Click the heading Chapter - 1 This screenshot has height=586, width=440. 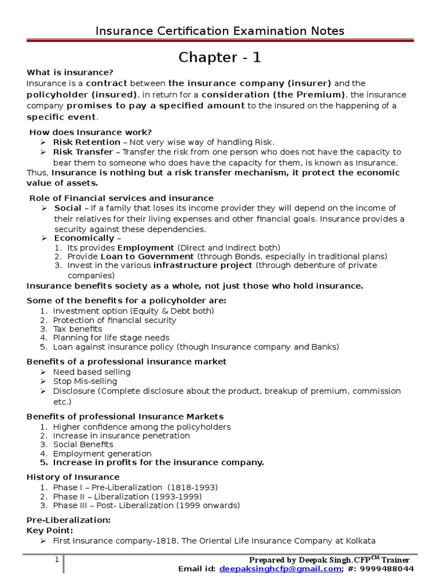[220, 57]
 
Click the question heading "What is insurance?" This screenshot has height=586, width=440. [70, 72]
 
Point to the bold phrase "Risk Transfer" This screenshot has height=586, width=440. [83, 152]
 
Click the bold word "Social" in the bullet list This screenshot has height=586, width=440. [68, 208]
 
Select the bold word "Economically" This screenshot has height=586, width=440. [84, 238]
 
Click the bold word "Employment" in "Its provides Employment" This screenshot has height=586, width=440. [146, 248]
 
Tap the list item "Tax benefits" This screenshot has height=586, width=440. [77, 329]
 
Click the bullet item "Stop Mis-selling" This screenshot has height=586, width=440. [85, 382]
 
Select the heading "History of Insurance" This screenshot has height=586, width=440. [73, 477]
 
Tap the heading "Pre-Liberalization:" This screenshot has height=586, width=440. [68, 521]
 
